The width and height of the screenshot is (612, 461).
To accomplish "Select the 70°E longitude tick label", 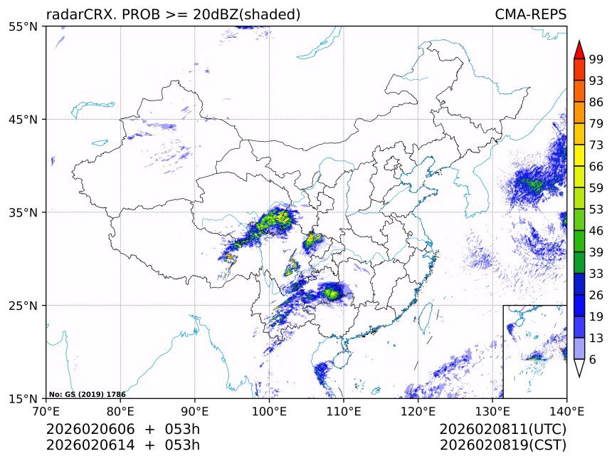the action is pos(46,411).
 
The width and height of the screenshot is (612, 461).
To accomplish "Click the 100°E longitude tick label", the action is pos(269,411).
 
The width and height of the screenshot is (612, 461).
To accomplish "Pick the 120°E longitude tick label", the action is pos(418,411).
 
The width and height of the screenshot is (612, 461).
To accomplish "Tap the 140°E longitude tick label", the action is pos(566,411).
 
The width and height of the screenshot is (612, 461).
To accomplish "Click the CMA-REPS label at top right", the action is pos(530,14).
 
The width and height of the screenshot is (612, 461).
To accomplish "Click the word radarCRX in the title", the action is pos(75,14).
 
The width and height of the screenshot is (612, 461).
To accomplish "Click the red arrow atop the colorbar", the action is pos(579,49).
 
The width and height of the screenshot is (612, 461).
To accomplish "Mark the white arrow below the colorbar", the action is pos(579,368).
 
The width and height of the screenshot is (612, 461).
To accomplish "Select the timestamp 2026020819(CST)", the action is pos(502,445).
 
